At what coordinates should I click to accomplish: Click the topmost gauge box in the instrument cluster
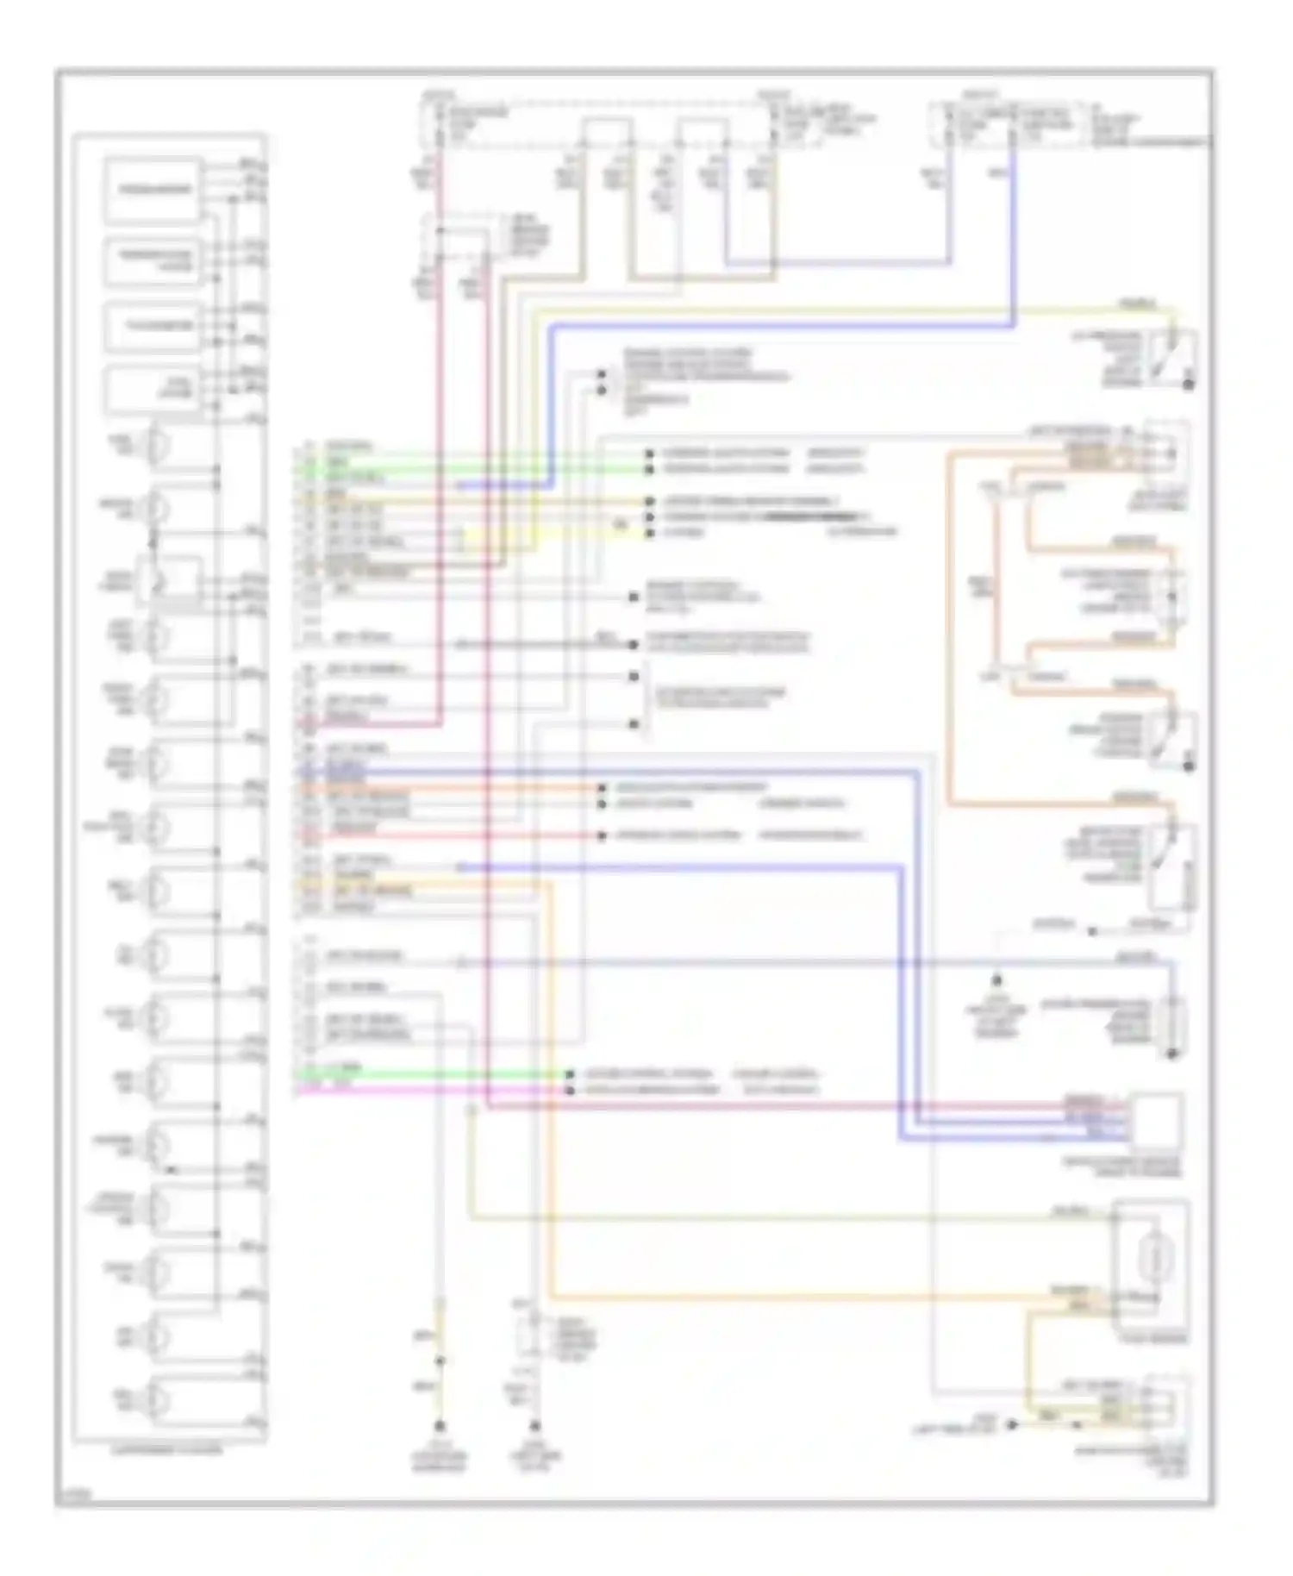click(153, 189)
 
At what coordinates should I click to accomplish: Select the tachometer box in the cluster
click(153, 327)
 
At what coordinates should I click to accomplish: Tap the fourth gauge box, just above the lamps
click(153, 391)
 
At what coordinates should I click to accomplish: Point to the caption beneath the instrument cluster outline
click(168, 1450)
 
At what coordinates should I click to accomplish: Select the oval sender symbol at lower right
click(1152, 1265)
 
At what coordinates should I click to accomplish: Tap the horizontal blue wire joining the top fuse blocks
click(836, 261)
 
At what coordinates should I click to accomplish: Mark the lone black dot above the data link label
click(996, 979)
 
